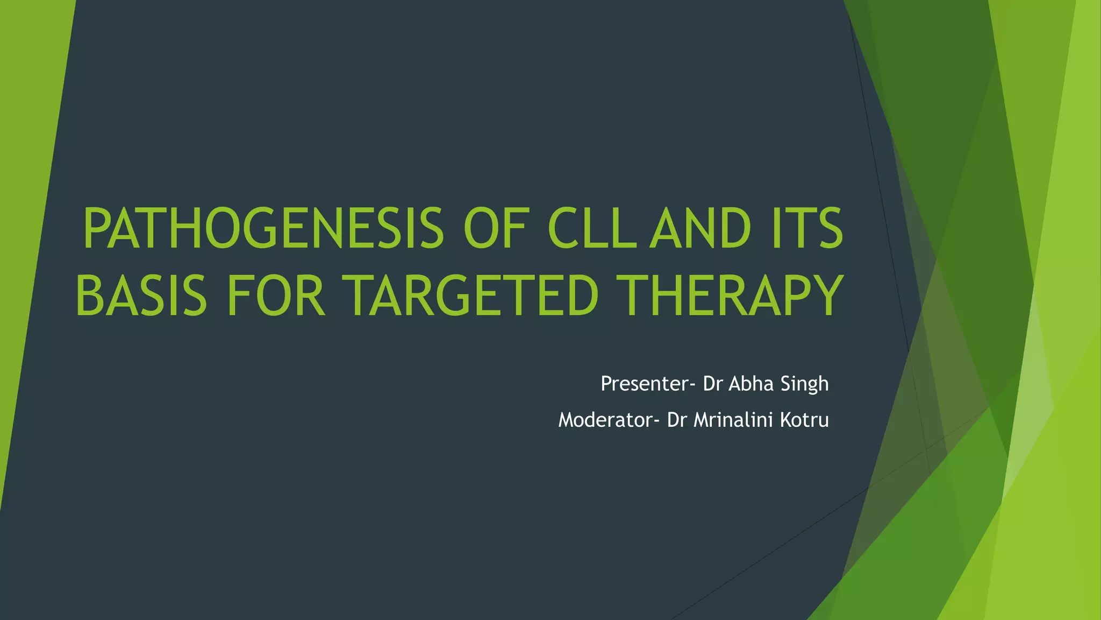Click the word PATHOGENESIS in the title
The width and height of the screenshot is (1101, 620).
tap(263, 229)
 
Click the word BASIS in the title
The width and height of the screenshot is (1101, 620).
tap(141, 295)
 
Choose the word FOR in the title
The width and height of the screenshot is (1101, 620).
tap(276, 295)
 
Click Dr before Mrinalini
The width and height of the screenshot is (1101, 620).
tap(676, 420)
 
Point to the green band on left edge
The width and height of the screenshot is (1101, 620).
tap(27, 215)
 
